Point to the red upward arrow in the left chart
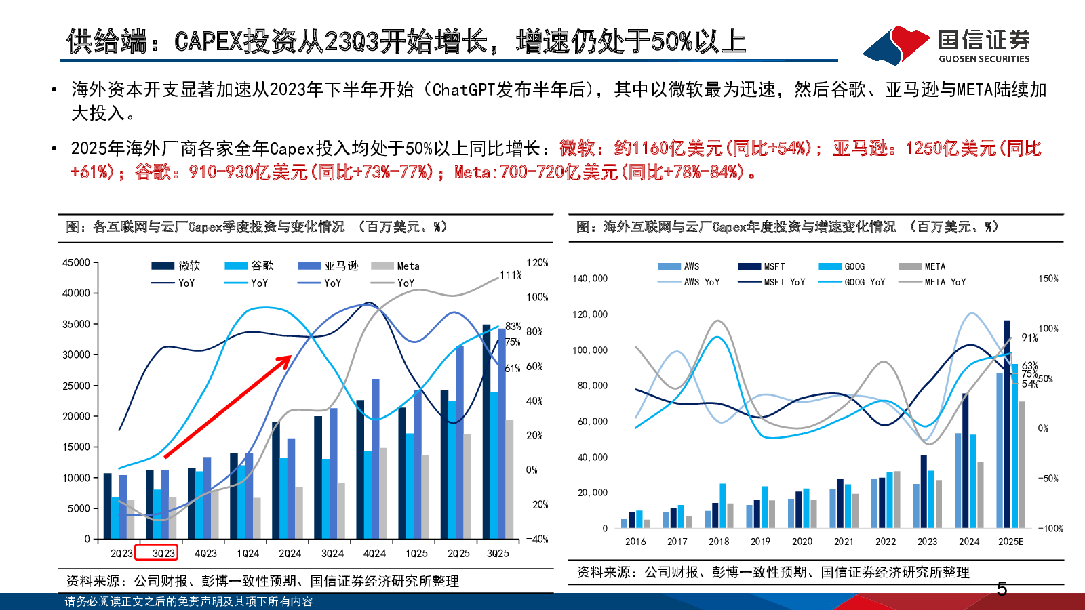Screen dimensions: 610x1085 tap(228, 406)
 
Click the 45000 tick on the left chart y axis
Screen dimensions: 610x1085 tap(76, 263)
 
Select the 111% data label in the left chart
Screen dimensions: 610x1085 tap(510, 275)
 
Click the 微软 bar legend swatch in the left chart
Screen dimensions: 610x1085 tap(163, 266)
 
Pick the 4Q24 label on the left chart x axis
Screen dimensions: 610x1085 tap(374, 553)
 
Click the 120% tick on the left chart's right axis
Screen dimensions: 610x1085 tap(537, 263)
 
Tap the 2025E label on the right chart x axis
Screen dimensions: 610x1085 tap(1010, 542)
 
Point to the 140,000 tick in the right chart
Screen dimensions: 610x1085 tap(590, 279)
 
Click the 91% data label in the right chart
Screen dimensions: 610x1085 tap(1029, 338)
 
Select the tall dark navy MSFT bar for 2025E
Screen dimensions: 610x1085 tap(1007, 424)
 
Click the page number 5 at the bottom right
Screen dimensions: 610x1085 tap(1002, 590)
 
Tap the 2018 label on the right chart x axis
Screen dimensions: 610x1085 tap(719, 542)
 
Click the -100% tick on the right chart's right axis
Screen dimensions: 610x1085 tap(1050, 529)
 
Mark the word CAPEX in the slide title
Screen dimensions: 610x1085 tap(208, 42)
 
